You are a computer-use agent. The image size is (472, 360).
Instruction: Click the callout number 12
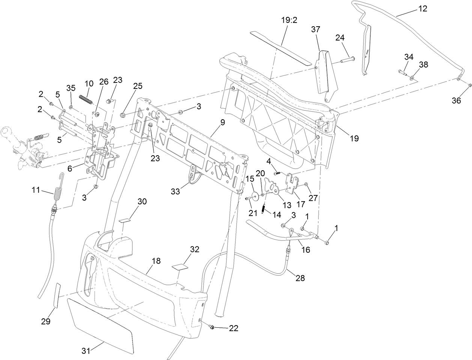[x=422, y=9]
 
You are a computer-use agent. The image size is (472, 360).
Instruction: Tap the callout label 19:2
[x=289, y=20]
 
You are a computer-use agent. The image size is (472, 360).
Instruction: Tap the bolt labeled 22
[x=212, y=327]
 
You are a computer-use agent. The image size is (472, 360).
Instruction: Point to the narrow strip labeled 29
[x=57, y=295]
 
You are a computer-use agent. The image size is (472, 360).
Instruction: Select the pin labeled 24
[x=347, y=59]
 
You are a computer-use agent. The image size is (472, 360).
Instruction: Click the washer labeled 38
[x=412, y=78]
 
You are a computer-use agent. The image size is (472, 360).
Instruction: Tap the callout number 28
[x=300, y=278]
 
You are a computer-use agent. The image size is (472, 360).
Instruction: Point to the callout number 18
[x=156, y=261]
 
